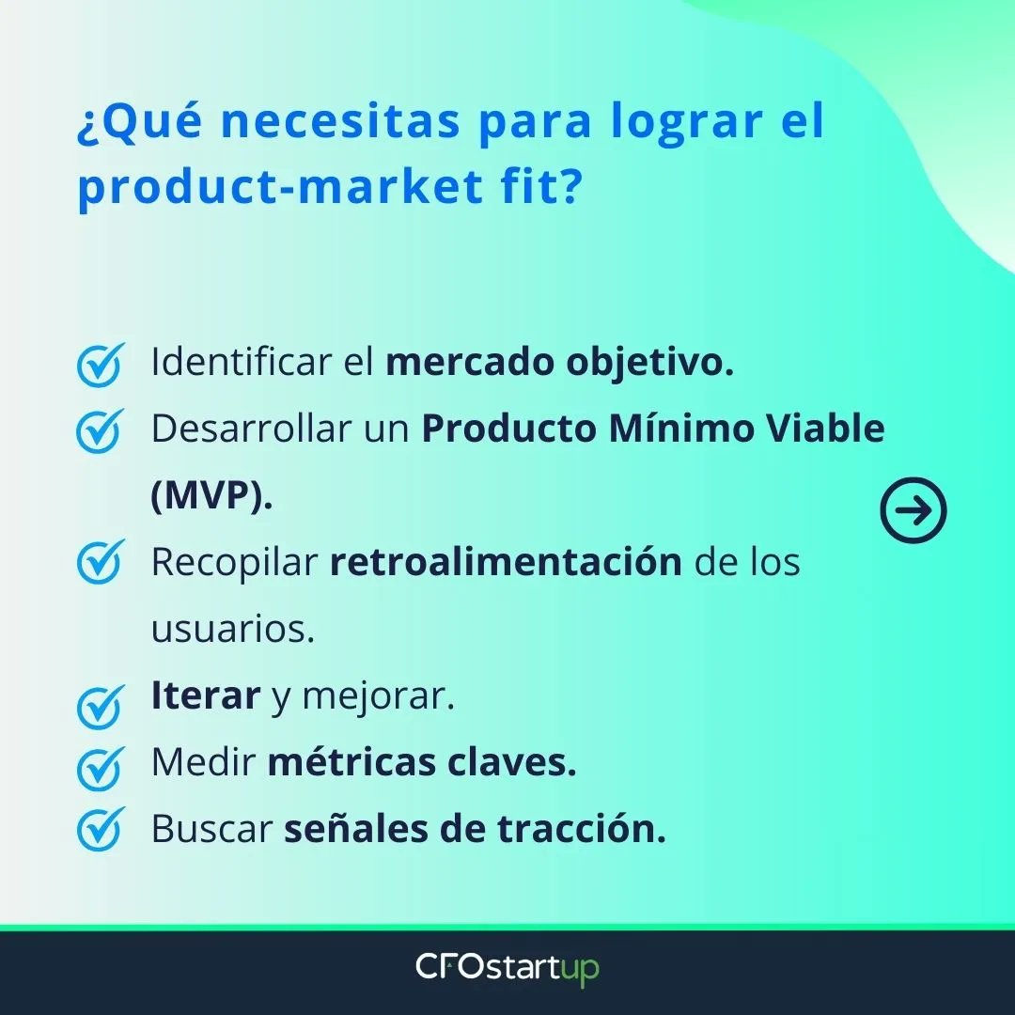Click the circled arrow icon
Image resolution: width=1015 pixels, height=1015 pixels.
click(x=913, y=510)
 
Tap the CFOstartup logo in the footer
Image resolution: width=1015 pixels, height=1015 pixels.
click(x=507, y=969)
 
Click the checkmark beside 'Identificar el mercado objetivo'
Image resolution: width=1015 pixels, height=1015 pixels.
click(x=100, y=366)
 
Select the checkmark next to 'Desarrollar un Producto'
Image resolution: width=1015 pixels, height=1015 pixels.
click(x=100, y=431)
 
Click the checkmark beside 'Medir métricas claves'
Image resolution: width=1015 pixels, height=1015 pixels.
click(x=100, y=768)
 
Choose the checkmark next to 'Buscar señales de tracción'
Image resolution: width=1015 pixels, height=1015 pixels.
click(x=100, y=830)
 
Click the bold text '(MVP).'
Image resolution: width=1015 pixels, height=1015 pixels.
click(x=211, y=496)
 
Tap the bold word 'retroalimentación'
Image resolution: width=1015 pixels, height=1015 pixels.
click(x=506, y=562)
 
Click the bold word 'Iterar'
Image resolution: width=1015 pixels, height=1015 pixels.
click(x=205, y=696)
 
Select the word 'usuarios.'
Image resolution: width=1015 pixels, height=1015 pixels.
click(x=232, y=630)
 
